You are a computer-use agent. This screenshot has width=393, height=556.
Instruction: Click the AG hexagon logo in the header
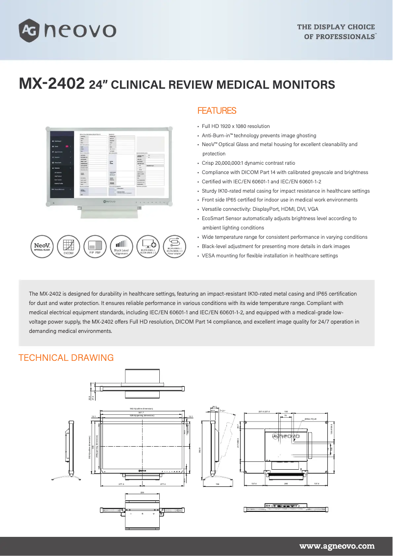[28, 30]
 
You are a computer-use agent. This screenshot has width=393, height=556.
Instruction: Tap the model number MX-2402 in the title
[51, 84]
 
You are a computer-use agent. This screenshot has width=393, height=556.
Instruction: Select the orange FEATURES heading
[216, 111]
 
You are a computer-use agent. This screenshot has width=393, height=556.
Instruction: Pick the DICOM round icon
[68, 245]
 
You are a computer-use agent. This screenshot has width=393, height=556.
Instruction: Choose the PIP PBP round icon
[95, 245]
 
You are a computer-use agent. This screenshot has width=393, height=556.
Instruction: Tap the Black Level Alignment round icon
[121, 245]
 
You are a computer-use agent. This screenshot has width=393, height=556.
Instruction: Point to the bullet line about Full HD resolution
[235, 126]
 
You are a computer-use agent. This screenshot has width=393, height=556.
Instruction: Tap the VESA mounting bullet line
[270, 255]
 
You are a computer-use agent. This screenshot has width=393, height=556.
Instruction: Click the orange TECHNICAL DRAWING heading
[66, 358]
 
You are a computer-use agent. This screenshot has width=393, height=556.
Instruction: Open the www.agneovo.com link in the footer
[337, 545]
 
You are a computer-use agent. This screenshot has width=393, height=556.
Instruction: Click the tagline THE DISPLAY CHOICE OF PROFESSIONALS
[336, 32]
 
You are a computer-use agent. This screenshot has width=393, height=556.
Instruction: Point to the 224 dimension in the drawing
[142, 492]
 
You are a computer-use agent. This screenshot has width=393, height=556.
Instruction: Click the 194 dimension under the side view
[217, 484]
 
